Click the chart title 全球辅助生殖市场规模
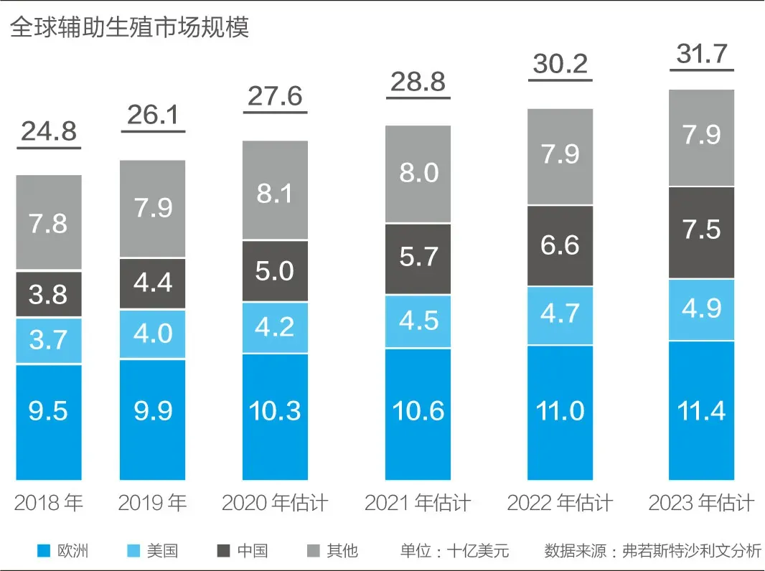tap(129, 27)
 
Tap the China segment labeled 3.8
tap(49, 294)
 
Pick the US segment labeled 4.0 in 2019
tap(152, 334)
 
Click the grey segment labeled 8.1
tap(275, 190)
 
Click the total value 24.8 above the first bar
tap(49, 132)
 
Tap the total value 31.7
tap(701, 54)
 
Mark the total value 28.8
tap(418, 82)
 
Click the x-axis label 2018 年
tap(49, 503)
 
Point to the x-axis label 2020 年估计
tap(275, 503)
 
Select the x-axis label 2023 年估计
tap(701, 503)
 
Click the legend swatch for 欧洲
tap(44, 551)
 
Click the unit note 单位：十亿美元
tap(454, 551)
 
